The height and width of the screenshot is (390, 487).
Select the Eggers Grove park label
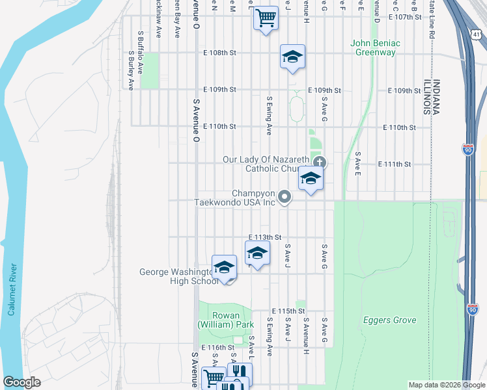pyautogui.click(x=389, y=320)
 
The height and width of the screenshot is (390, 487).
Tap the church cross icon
pyautogui.click(x=319, y=162)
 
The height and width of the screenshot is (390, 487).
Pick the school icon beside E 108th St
pyautogui.click(x=292, y=57)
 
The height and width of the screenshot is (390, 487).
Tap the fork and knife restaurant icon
pyautogui.click(x=240, y=372)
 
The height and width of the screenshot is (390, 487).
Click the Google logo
pyautogui.click(x=21, y=382)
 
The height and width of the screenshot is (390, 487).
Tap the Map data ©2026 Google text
pyautogui.click(x=446, y=385)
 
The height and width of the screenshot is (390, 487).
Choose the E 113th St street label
pyautogui.click(x=265, y=237)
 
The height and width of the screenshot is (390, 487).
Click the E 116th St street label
pyautogui.click(x=217, y=348)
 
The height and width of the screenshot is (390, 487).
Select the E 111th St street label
pyautogui.click(x=399, y=164)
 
